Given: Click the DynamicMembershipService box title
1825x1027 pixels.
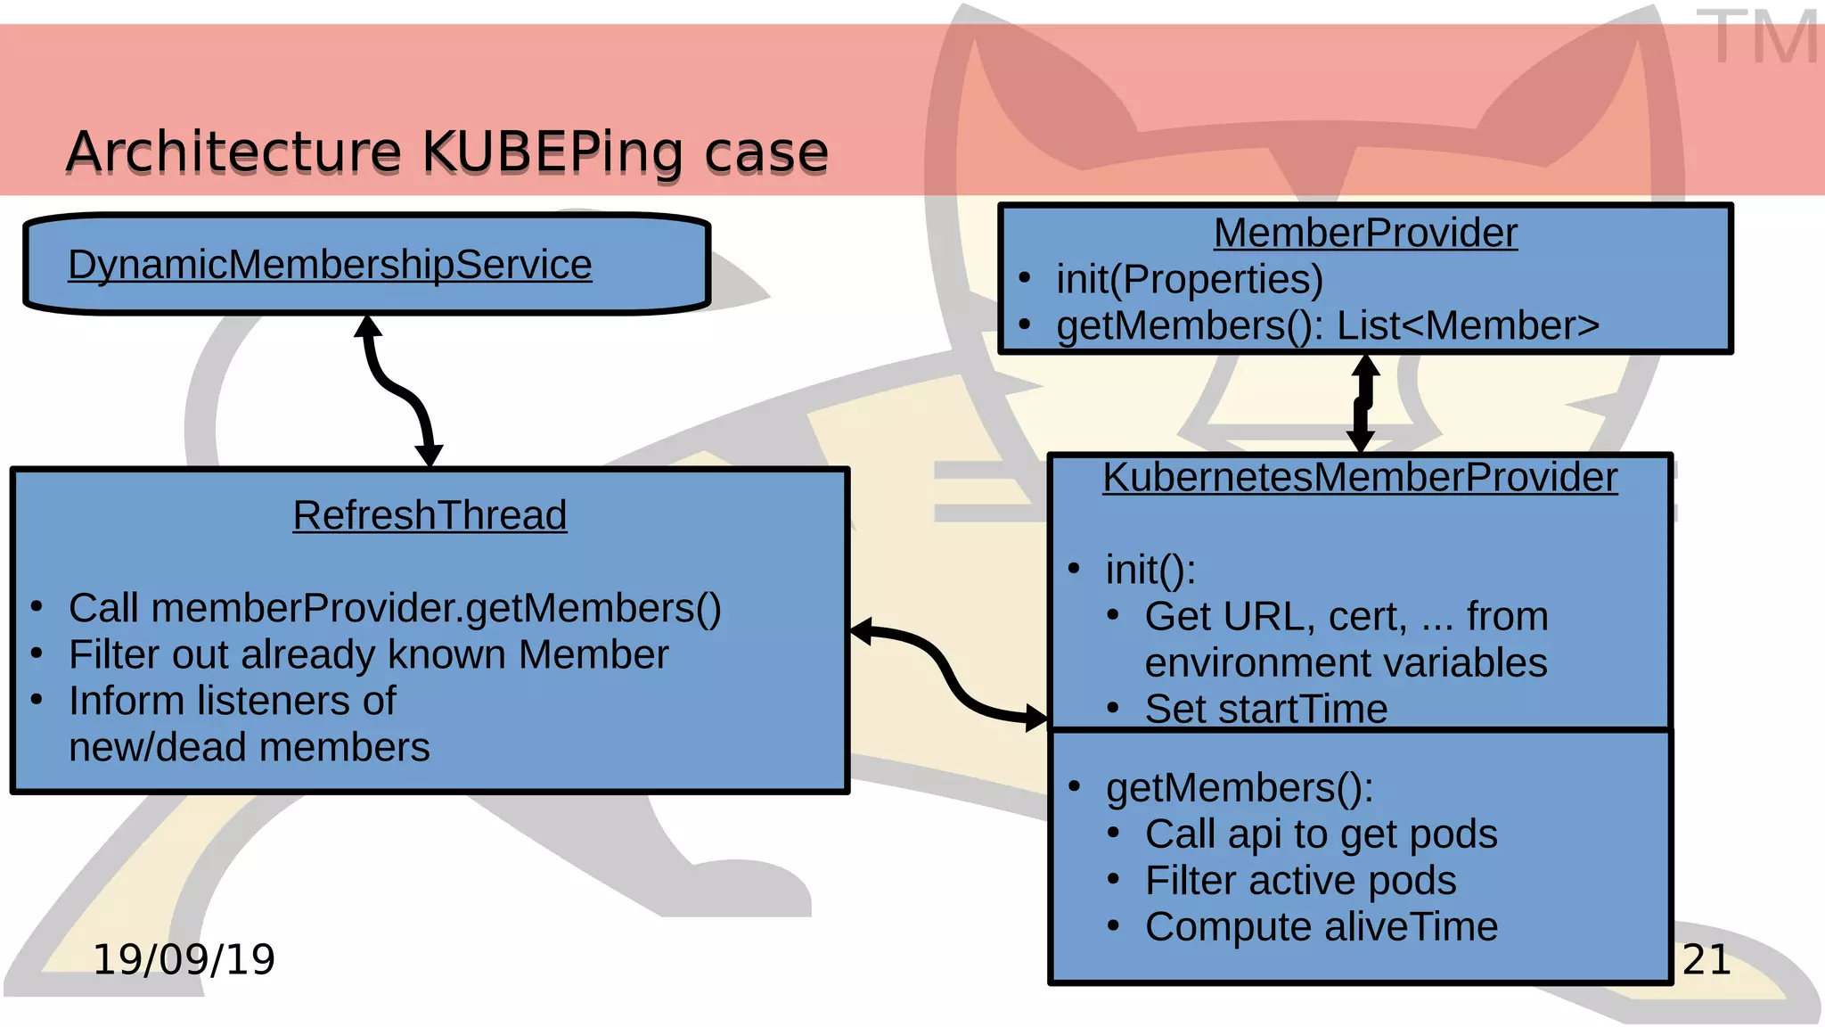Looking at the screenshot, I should (x=330, y=265).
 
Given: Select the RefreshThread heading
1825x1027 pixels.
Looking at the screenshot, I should (x=430, y=515).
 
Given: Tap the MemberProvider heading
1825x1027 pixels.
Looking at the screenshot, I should (x=1365, y=234).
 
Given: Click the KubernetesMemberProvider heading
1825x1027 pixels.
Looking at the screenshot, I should (x=1360, y=477).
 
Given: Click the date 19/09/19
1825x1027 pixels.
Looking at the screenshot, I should (x=184, y=960).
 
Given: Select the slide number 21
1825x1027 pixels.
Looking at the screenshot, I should (x=1706, y=960).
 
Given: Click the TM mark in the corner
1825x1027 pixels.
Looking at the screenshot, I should (x=1755, y=37).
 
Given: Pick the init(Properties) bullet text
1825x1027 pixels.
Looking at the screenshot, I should (x=1189, y=280).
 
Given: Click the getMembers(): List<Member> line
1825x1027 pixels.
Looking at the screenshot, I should (x=1328, y=326).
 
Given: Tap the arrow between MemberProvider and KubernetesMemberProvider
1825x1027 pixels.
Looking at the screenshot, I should (x=1363, y=403).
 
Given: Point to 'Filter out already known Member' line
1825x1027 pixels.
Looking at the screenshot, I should (x=368, y=655).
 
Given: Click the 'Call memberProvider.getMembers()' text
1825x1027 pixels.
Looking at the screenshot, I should (x=395, y=609).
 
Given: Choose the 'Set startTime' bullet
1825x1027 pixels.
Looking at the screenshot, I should (x=1265, y=710).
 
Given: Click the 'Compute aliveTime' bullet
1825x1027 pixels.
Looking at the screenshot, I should (x=1321, y=927).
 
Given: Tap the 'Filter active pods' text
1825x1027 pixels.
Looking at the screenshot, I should (x=1300, y=881).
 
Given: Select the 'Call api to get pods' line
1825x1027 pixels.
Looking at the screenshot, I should (x=1321, y=834).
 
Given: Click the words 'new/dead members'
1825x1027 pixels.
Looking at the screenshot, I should (x=250, y=747).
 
